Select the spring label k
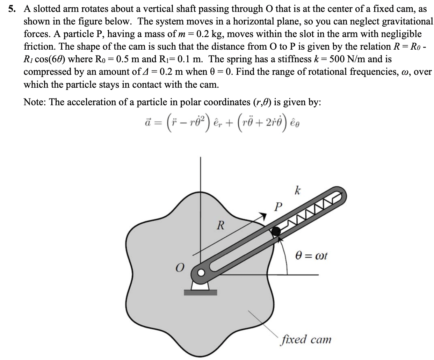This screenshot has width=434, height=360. [x=297, y=191]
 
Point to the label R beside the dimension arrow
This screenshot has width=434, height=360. [x=220, y=225]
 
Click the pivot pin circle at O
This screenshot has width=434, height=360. [x=201, y=273]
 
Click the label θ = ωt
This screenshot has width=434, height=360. [x=311, y=255]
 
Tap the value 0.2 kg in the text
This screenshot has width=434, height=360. [x=210, y=34]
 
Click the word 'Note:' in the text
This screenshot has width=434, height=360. [x=35, y=102]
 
